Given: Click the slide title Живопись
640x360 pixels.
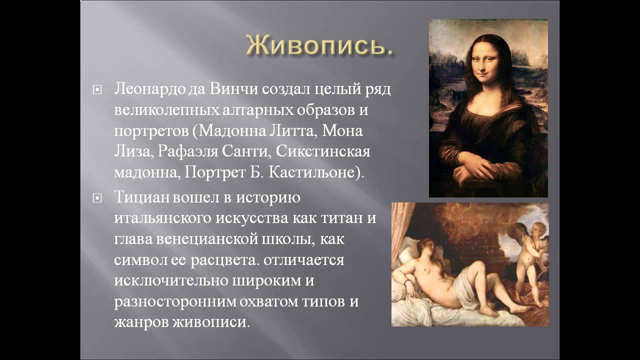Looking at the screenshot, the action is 319,45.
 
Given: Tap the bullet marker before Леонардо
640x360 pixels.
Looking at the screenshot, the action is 97,90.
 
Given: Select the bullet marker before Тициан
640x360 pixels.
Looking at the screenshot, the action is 97,198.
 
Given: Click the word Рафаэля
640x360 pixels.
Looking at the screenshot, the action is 188,151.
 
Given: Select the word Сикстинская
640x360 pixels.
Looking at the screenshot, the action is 323,151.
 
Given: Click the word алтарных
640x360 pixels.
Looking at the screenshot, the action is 258,110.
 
